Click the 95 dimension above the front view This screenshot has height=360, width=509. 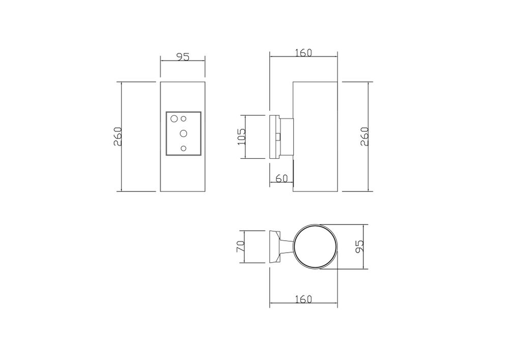pos(182,57)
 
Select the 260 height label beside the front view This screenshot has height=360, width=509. pos(118,136)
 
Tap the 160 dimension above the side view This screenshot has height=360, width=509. pos(303,52)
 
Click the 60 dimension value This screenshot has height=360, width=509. pos(281,178)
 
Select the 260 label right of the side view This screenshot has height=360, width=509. pos(364,136)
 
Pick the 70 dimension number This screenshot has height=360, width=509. pos(242,247)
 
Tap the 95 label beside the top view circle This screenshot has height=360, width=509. pos(359,247)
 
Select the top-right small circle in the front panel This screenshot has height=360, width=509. pos(183,119)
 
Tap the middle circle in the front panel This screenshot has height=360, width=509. pos(183,133)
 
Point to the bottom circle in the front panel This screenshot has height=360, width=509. pos(183,148)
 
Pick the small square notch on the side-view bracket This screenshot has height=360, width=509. pos(278,136)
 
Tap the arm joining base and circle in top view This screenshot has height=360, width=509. pos(288,247)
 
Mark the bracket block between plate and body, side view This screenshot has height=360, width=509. pos(286,136)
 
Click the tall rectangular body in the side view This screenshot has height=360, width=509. pos(316,136)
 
